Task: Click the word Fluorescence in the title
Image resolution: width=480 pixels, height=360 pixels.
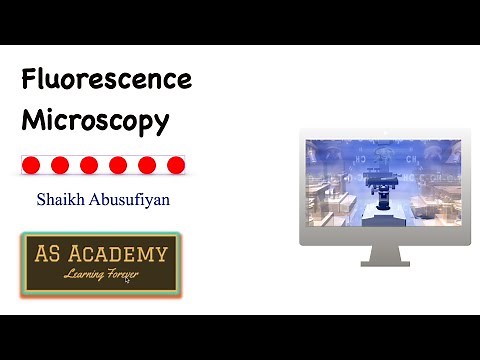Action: [x=106, y=79]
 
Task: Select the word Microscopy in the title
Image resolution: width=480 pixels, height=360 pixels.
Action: [x=95, y=121]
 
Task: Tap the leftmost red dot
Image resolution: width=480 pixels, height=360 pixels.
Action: [x=31, y=165]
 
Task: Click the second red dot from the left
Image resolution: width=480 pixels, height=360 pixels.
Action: [x=60, y=165]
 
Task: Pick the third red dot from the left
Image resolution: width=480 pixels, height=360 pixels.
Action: [x=89, y=165]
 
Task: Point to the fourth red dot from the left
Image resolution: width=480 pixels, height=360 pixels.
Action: [x=118, y=165]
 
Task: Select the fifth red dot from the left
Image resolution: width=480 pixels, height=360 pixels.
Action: [x=147, y=165]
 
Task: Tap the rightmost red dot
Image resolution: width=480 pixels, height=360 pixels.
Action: [x=176, y=165]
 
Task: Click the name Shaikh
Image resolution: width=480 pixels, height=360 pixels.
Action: [x=60, y=200]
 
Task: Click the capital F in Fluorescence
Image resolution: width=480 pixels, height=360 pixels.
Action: [x=31, y=79]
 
